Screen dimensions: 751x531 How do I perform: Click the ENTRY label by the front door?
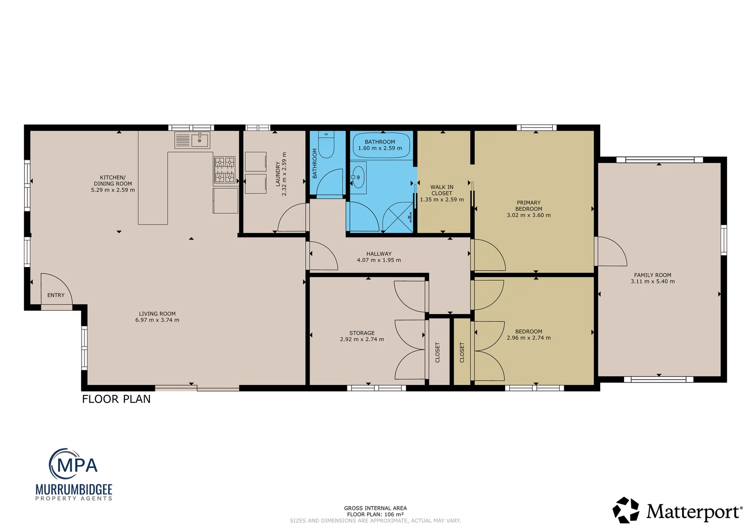pyautogui.click(x=56, y=295)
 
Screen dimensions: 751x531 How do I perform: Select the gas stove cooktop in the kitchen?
pyautogui.click(x=224, y=170)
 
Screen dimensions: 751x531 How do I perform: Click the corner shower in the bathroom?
pyautogui.click(x=398, y=217)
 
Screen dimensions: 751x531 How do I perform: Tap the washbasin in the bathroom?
pyautogui.click(x=358, y=177)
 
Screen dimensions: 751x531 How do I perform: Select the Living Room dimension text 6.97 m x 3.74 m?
pyautogui.click(x=157, y=320)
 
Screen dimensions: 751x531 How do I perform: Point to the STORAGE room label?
pyautogui.click(x=362, y=333)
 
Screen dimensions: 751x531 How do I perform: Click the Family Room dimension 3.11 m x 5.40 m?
pyautogui.click(x=653, y=281)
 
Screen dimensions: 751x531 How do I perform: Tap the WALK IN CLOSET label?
pyautogui.click(x=442, y=190)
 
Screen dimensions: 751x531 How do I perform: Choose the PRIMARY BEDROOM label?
pyautogui.click(x=529, y=206)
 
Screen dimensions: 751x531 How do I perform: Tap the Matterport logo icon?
pyautogui.click(x=626, y=510)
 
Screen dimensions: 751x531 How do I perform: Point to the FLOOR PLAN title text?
pyautogui.click(x=116, y=399)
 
